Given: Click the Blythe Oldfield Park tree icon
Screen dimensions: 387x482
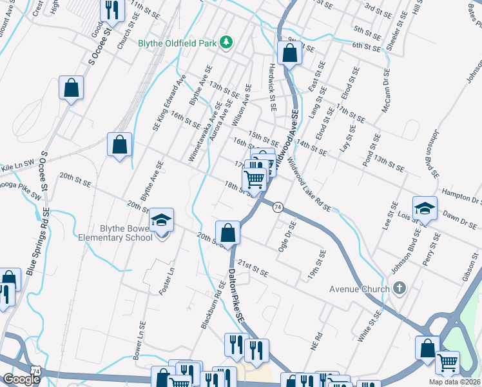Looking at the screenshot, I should pyautogui.click(x=226, y=43).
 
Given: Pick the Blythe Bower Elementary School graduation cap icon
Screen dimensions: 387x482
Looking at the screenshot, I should pyautogui.click(x=162, y=220).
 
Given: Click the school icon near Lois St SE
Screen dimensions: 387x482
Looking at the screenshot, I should pyautogui.click(x=425, y=208).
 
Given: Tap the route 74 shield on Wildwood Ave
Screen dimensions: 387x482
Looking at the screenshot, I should pyautogui.click(x=278, y=206).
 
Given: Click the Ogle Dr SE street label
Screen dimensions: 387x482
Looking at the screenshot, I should pyautogui.click(x=286, y=239).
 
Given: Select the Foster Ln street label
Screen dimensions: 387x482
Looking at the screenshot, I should pyautogui.click(x=166, y=283).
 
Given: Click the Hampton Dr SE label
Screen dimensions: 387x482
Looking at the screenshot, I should pyautogui.click(x=461, y=196).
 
